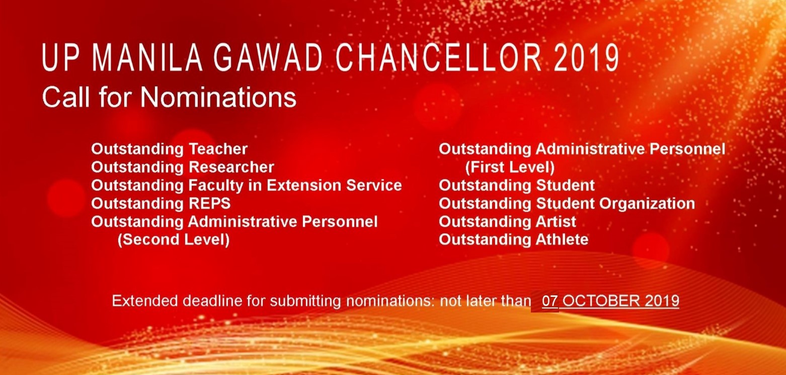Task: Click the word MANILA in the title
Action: tap(147, 58)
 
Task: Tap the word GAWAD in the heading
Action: tap(268, 58)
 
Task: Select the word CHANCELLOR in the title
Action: tap(439, 58)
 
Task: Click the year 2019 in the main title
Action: tap(586, 58)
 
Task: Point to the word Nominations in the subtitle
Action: tap(218, 97)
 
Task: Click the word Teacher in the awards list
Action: tap(218, 149)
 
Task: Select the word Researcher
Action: tap(231, 167)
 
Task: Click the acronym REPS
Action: tap(209, 204)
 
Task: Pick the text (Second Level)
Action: tap(174, 240)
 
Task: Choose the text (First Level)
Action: tap(510, 167)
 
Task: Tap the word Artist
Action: tap(556, 222)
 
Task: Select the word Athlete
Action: tap(562, 240)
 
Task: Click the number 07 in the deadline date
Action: tap(550, 301)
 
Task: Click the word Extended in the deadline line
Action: tap(145, 301)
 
